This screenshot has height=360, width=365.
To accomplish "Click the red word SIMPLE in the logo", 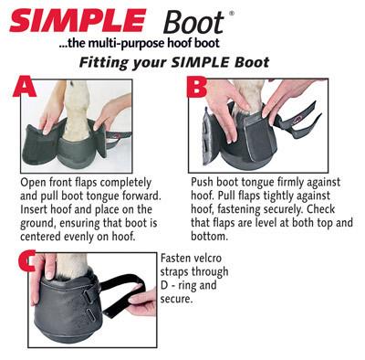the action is (78, 20).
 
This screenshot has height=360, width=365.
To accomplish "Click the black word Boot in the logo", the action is (193, 22).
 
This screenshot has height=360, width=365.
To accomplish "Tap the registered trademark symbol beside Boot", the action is (232, 13).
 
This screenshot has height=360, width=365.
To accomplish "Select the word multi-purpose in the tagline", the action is (122, 43).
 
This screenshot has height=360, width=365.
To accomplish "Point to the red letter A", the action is (25, 87).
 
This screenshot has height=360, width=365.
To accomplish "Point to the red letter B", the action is (197, 87).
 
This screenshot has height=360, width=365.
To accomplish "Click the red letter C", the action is (26, 260).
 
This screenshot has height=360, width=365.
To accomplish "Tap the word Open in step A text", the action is (31, 184).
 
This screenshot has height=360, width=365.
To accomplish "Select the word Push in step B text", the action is (202, 182).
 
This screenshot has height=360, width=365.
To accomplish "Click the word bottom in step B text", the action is (209, 236).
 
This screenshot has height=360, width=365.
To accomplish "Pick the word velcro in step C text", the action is (205, 259).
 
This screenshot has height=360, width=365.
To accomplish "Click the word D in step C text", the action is (164, 285).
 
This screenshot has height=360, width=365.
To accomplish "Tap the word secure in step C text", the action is (176, 300).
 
